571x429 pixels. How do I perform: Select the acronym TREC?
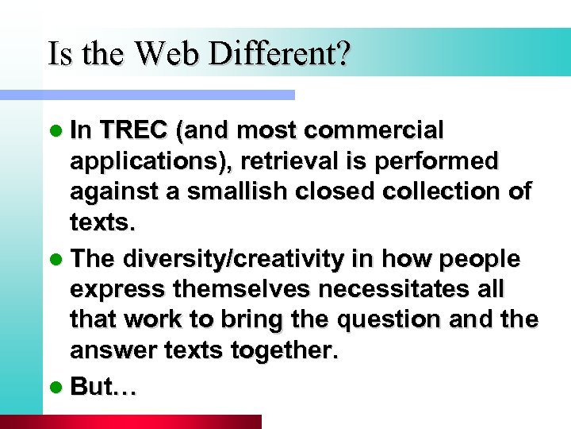point(136,129)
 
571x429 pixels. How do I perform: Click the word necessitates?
point(385,289)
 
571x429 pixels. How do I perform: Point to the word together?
point(282,350)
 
